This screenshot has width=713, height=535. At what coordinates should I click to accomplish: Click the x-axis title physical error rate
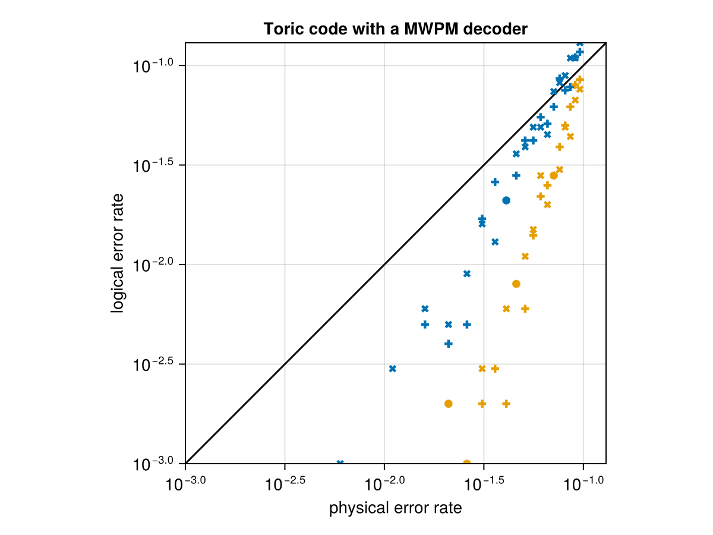point(395,508)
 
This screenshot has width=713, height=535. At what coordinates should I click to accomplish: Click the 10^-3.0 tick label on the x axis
point(186,484)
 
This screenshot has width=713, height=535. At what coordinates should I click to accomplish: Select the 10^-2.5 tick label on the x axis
point(285,484)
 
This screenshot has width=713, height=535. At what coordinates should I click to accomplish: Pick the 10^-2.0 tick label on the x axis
point(384,484)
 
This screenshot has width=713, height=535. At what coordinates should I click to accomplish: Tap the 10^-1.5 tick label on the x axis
point(484,484)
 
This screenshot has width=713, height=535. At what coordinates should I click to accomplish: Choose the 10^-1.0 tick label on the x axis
point(583,484)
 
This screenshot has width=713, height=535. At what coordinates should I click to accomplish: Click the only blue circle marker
point(506,200)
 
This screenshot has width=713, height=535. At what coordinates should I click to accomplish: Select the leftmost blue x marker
point(340,463)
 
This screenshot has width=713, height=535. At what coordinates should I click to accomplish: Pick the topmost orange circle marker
point(554,175)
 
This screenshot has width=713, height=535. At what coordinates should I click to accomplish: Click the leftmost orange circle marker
point(449,404)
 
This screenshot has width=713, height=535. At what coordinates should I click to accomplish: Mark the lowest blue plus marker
point(449,344)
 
